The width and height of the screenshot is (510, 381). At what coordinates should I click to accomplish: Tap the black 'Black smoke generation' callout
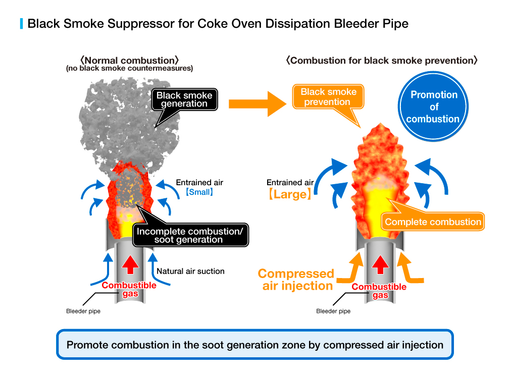coord(184,100)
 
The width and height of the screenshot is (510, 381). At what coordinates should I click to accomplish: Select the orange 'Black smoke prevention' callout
coord(328,97)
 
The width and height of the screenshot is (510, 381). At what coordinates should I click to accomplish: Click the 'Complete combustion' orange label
coord(433,222)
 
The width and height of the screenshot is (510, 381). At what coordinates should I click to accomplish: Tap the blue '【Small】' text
coord(199,192)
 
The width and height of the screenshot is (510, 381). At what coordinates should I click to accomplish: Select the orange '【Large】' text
coord(290,194)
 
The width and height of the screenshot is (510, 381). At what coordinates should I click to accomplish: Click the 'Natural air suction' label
coord(190,271)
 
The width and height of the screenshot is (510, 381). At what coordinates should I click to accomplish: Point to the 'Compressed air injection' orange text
coord(296,280)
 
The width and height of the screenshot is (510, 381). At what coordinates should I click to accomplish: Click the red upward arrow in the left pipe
coord(131,263)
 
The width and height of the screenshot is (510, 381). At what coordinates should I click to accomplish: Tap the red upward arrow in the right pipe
coord(380,263)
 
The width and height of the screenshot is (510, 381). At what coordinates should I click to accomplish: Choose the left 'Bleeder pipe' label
coord(83,311)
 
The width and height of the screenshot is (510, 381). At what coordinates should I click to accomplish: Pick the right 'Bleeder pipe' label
coord(333,311)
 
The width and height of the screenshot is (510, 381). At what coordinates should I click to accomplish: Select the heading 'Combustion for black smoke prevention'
coord(382,61)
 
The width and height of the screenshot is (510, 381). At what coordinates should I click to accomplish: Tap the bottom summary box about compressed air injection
coord(255,345)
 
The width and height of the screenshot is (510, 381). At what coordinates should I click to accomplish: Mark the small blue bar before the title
coord(21,23)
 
